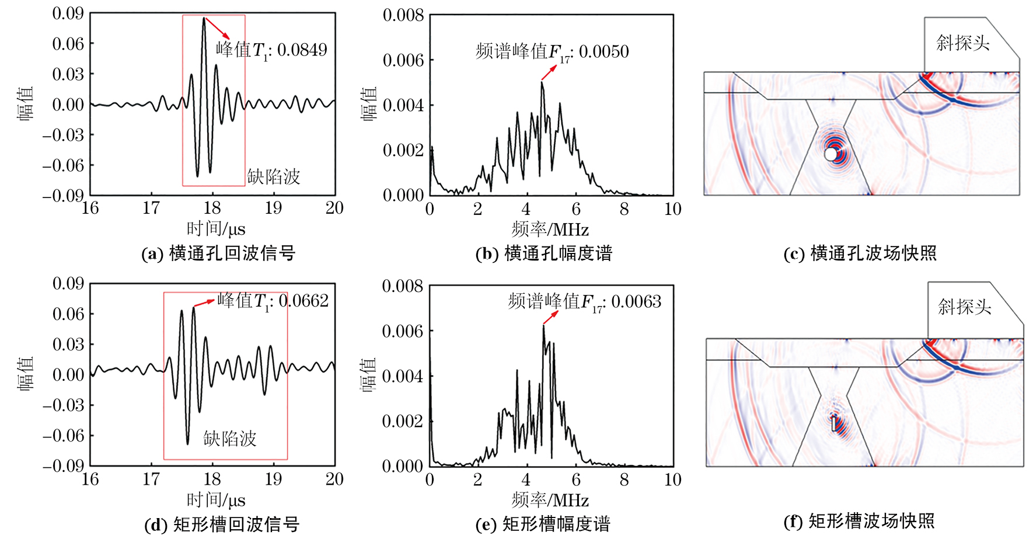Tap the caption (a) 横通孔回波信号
pos(219,253)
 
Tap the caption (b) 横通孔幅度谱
pos(544,253)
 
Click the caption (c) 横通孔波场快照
pos(860,253)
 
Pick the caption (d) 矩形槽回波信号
pos(222,524)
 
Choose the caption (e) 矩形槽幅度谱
pos(543,524)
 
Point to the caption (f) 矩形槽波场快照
pos(859,520)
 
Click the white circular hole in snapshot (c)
pos(830,154)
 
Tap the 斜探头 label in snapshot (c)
pos(963,43)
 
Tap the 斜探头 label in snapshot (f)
pos(965,307)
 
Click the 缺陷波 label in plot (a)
pos(274,176)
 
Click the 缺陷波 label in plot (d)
pos(230,439)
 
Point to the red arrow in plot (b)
pos(549,72)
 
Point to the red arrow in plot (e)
pos(550,317)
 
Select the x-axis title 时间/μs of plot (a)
pos(216,229)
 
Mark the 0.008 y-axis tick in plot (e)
pos(402,286)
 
